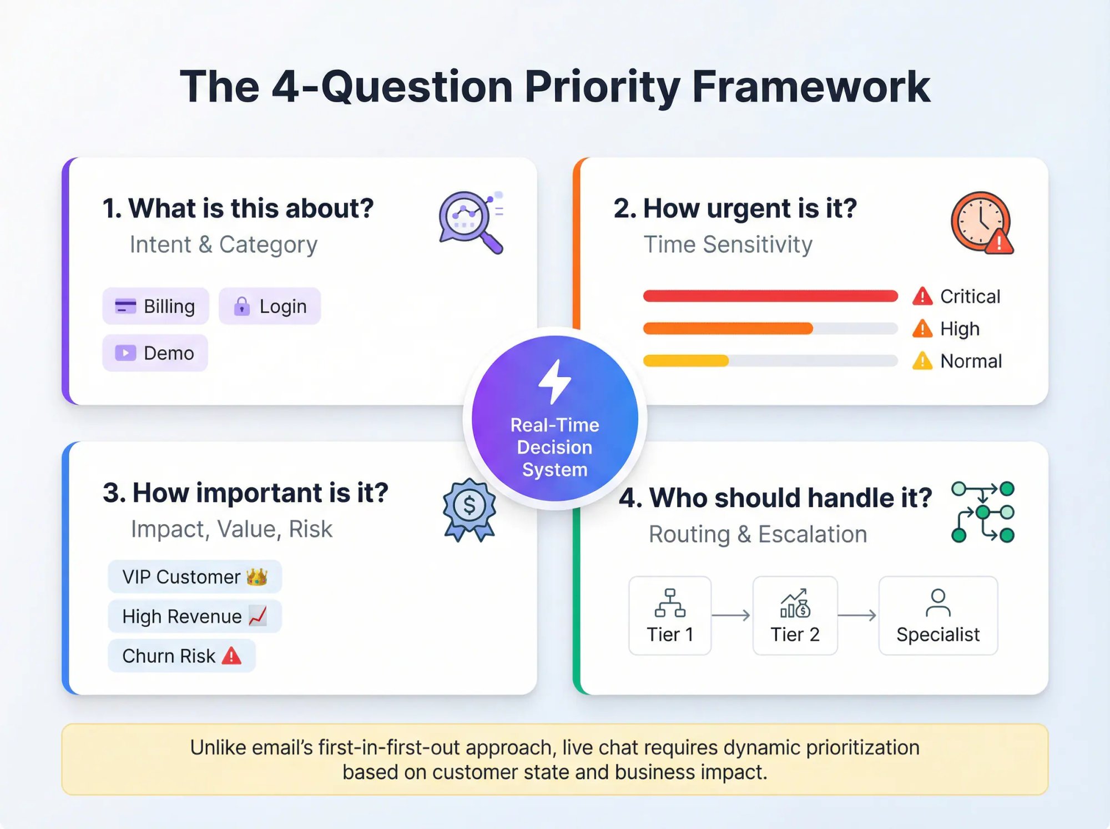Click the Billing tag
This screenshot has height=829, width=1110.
(155, 306)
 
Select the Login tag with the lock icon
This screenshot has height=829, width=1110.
(270, 306)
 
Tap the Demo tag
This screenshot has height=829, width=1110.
(155, 353)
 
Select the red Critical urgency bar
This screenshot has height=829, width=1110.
(770, 296)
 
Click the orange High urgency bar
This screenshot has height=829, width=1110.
(728, 329)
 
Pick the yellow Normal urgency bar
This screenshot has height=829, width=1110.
(686, 361)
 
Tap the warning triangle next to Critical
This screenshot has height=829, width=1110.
(922, 297)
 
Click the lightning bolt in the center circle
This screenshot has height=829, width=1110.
(554, 381)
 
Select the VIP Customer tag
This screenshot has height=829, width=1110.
(195, 577)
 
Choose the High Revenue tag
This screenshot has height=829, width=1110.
(195, 616)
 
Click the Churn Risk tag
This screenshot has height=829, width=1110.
(181, 656)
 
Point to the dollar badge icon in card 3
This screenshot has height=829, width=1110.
(470, 509)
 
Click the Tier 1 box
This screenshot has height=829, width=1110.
(670, 615)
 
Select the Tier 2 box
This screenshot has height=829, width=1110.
(795, 615)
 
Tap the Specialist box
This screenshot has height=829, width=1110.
(938, 615)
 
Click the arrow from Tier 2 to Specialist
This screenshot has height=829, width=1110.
(857, 615)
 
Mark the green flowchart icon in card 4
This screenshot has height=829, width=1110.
(982, 512)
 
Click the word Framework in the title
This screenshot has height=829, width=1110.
(811, 87)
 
